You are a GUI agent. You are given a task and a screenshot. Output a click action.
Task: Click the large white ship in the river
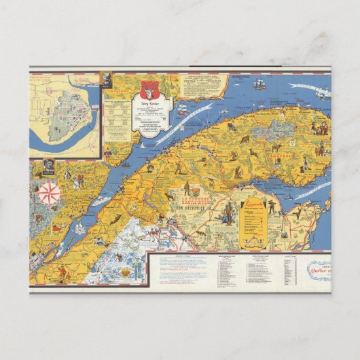point(183,109)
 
